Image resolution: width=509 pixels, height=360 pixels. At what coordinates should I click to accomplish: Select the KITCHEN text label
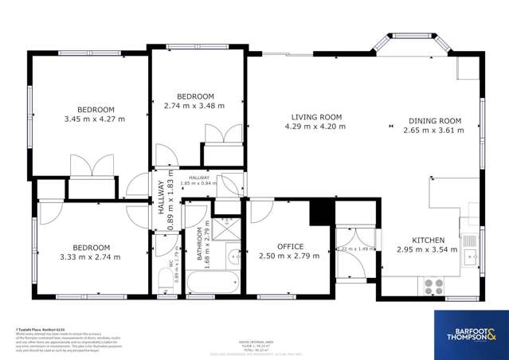429,239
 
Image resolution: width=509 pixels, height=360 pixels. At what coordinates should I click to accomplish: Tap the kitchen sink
471,256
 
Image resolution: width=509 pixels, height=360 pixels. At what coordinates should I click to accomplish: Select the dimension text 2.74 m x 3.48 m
194,105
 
